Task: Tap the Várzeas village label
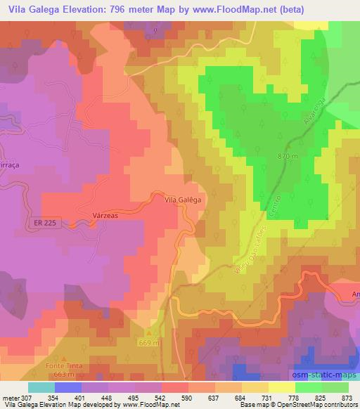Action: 105,216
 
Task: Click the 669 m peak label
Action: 148,343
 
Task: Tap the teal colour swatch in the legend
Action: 41,387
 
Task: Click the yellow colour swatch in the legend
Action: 281,387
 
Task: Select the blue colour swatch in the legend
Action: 68,387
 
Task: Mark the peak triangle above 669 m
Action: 148,333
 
